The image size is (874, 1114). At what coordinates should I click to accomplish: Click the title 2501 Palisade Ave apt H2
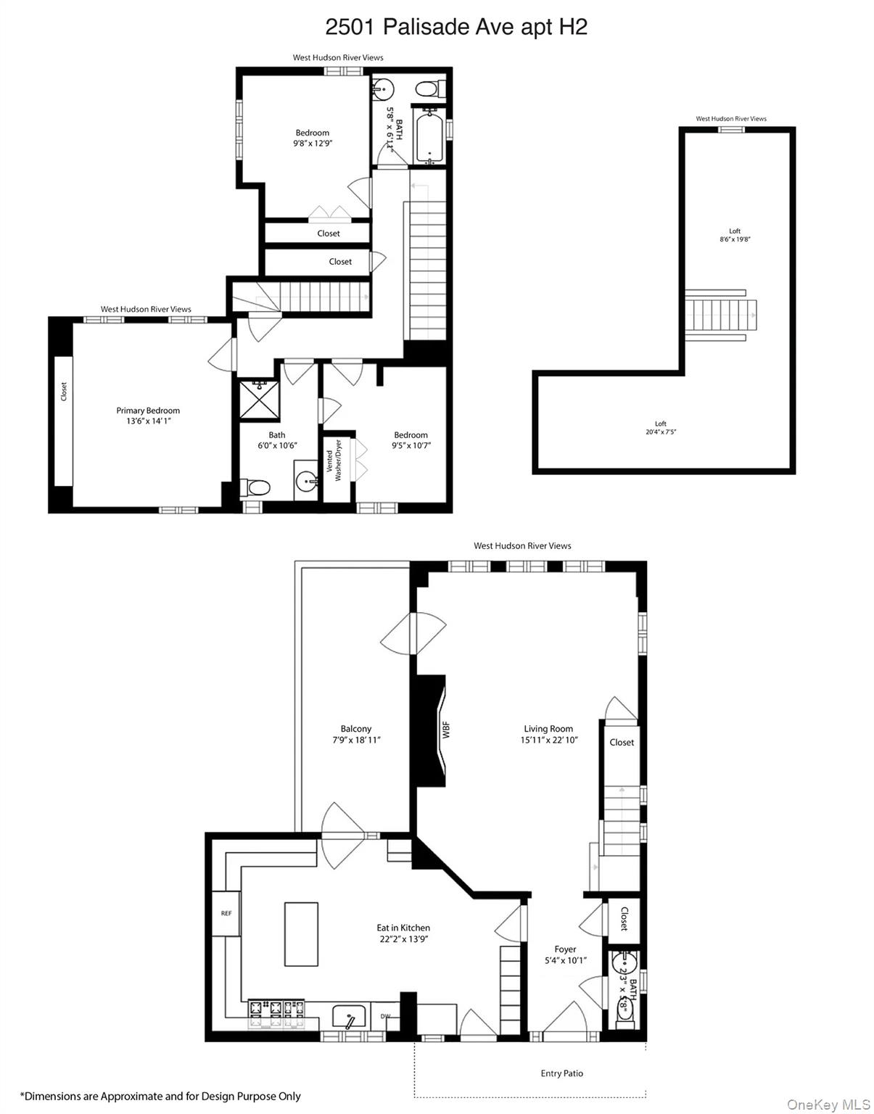[x=455, y=27]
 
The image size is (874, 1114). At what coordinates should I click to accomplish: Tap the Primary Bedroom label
[x=148, y=410]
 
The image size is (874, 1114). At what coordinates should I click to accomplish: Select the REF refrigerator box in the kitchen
[x=226, y=913]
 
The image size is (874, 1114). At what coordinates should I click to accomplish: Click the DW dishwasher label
[x=385, y=1016]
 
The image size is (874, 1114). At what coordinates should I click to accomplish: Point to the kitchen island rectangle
[x=301, y=933]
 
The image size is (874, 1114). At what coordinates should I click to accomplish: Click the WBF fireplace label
[x=446, y=729]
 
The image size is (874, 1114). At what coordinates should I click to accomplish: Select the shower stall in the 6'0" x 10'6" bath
[x=260, y=400]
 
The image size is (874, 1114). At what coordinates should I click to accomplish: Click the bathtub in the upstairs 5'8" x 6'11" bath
[x=429, y=136]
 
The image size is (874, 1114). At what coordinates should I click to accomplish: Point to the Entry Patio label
[x=561, y=1073]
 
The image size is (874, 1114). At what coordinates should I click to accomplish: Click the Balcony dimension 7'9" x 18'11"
[x=356, y=740]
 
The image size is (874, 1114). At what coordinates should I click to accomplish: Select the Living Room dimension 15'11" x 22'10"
[x=548, y=740]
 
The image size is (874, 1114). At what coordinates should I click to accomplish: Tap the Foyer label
[x=565, y=949]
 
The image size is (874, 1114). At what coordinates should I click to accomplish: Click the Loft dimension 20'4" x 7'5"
[x=660, y=432]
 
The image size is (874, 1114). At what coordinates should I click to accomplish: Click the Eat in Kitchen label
[x=403, y=928]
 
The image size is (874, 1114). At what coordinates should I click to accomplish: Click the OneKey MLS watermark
[x=828, y=1104]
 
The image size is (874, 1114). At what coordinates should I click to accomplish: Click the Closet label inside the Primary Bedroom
[x=64, y=392]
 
